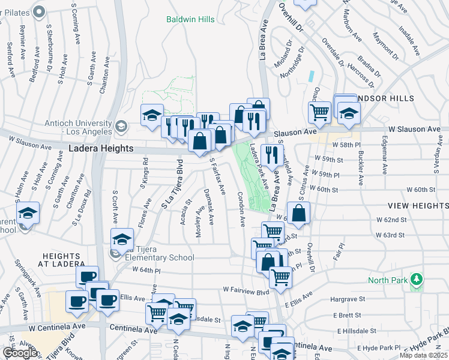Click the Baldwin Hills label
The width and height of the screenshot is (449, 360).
(x=190, y=19)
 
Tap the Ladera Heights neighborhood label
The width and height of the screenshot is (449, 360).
(x=100, y=148)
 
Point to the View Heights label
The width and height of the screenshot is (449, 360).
(x=419, y=205)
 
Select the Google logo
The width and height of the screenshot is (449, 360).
(x=20, y=353)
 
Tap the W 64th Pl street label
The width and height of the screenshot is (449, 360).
(x=145, y=271)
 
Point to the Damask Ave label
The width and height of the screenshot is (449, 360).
(x=208, y=207)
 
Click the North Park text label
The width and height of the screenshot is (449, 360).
(x=387, y=280)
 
